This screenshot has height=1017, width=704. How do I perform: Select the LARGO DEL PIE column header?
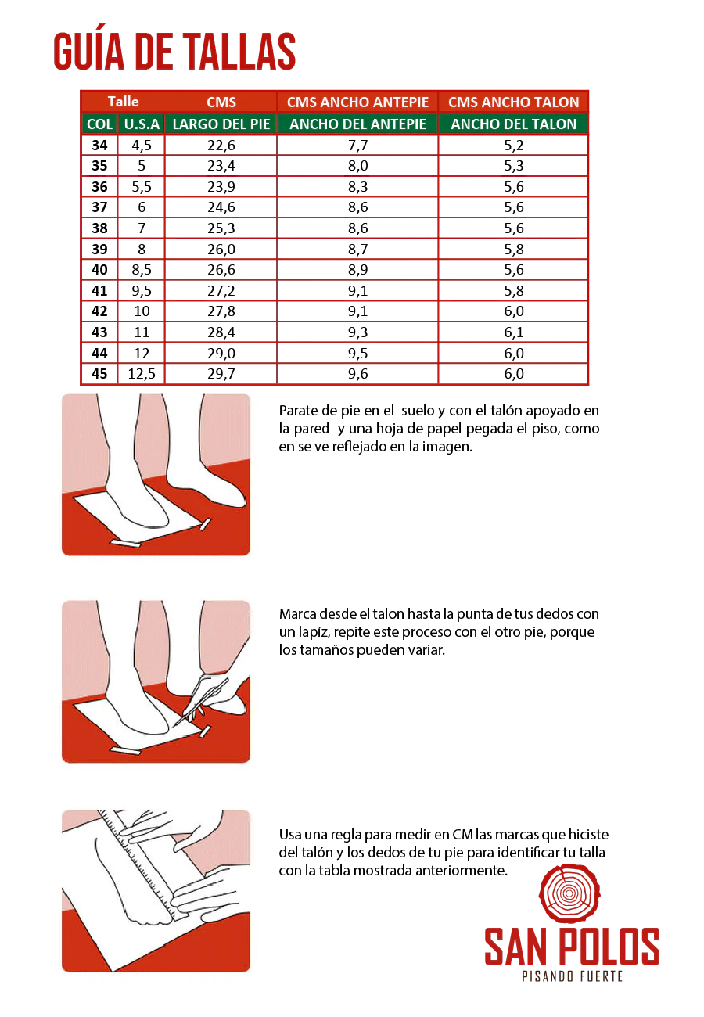(221, 124)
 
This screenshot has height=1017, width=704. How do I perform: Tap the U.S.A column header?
(142, 124)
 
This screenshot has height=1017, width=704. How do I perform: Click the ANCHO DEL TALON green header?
(513, 124)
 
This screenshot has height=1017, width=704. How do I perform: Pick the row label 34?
(99, 146)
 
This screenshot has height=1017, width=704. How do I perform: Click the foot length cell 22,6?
(221, 146)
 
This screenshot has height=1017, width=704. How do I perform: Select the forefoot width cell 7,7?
(357, 146)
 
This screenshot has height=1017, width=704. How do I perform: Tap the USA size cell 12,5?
(142, 374)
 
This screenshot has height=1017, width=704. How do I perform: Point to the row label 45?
(99, 374)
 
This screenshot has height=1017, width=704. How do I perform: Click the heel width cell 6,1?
(514, 332)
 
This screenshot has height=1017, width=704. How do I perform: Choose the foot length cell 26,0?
(221, 250)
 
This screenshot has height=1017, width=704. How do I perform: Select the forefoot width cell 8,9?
(357, 270)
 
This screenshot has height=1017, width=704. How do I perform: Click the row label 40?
(99, 270)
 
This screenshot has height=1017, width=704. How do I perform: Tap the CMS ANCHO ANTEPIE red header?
(357, 102)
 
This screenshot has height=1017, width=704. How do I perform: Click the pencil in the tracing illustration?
(200, 703)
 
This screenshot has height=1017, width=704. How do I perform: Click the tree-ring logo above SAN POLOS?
(569, 893)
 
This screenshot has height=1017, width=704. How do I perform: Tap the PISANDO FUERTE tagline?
(572, 976)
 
